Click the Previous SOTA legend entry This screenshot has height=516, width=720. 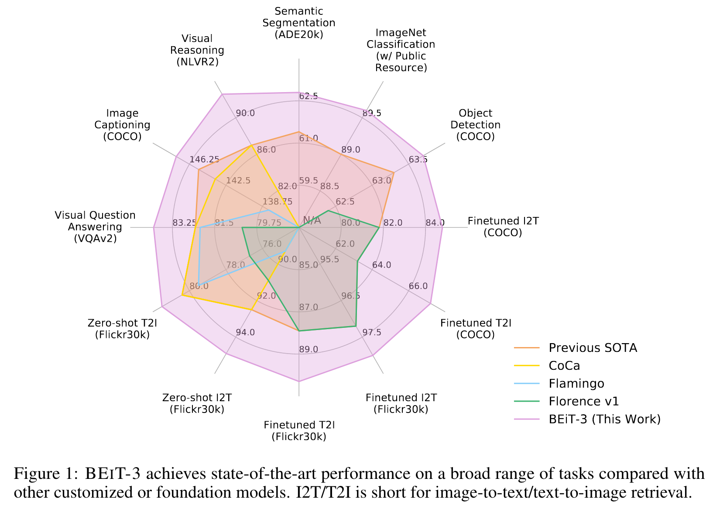(593, 348)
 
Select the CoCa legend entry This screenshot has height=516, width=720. (564, 366)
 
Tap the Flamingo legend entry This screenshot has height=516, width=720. (576, 384)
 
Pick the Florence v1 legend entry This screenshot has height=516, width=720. (583, 402)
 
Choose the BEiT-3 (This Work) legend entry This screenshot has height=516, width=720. (604, 420)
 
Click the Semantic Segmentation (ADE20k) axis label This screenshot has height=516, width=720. (299, 23)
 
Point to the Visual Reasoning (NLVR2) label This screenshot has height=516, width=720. (197, 50)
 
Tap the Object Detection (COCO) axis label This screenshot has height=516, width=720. (475, 125)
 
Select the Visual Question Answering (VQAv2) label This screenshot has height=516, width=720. (95, 227)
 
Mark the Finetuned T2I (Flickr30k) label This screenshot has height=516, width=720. (299, 431)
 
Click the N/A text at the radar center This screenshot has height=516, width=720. (312, 220)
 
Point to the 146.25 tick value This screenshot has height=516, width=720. (204, 159)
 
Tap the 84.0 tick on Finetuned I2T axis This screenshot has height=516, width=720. (435, 223)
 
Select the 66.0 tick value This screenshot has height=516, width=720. (418, 286)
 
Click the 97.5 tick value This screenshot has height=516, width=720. (372, 332)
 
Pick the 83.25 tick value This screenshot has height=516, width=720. (185, 223)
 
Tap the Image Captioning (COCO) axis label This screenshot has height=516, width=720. (122, 125)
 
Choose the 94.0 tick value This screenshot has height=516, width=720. (245, 332)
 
